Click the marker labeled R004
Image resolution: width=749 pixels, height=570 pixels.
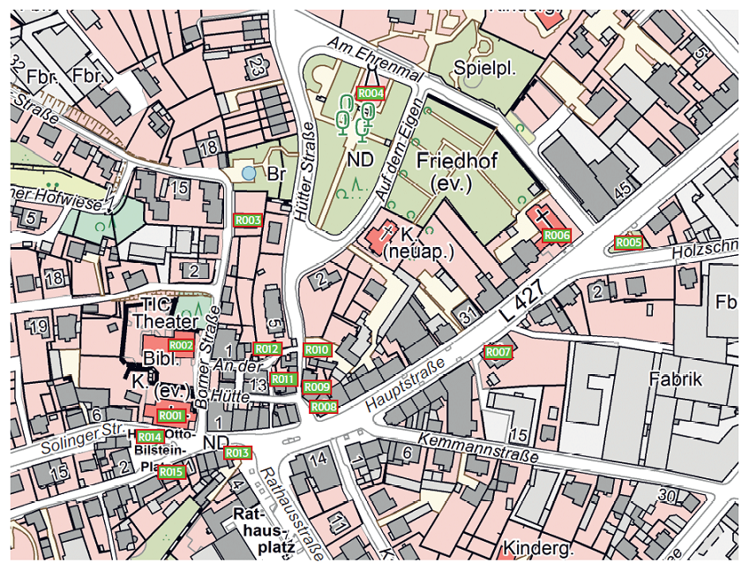(371, 93)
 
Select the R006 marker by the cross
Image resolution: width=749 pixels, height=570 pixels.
(557, 236)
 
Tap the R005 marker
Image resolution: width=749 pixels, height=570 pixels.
(628, 242)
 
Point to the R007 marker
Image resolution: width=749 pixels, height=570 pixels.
(498, 352)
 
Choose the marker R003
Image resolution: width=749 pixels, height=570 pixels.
(248, 220)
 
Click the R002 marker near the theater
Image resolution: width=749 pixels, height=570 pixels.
(181, 345)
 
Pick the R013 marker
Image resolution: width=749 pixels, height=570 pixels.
(238, 454)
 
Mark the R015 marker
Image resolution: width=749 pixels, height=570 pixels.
(172, 472)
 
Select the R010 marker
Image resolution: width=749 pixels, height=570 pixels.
(318, 350)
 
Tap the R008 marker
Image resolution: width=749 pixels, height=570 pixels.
(324, 407)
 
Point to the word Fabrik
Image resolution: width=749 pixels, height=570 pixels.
(675, 379)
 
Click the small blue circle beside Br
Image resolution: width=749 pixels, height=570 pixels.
(250, 173)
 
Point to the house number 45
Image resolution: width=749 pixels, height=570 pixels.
(623, 190)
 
